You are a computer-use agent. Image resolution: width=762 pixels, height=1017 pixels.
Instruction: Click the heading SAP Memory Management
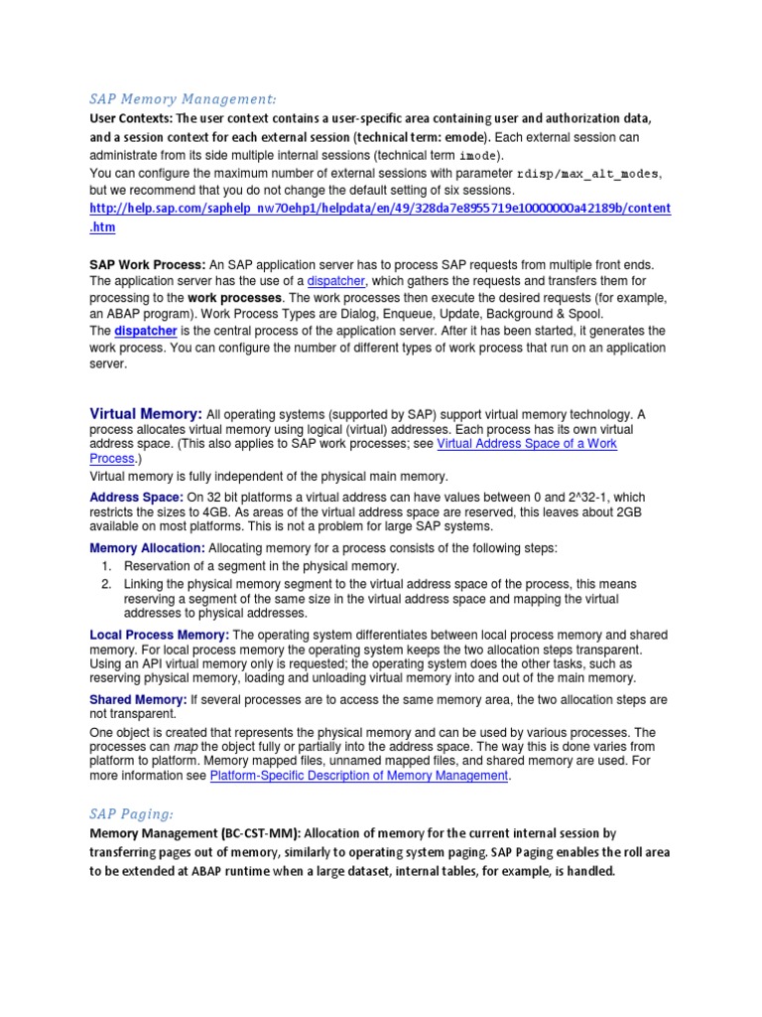pyautogui.click(x=183, y=99)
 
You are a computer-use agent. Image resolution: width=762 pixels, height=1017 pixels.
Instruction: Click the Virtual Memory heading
pyautogui.click(x=146, y=412)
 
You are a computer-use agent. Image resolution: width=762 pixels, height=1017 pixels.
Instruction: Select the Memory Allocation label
pyautogui.click(x=147, y=548)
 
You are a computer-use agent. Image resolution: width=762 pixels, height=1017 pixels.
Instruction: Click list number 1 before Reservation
pyautogui.click(x=105, y=566)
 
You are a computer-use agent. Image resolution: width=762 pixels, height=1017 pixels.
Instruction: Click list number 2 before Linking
pyautogui.click(x=105, y=584)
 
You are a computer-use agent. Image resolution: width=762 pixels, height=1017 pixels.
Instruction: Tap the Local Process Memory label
pyautogui.click(x=159, y=635)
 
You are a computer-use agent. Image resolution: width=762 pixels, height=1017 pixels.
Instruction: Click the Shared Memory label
pyautogui.click(x=138, y=699)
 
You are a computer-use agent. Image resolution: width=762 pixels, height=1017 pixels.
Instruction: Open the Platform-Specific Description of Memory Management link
pyautogui.click(x=359, y=776)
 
